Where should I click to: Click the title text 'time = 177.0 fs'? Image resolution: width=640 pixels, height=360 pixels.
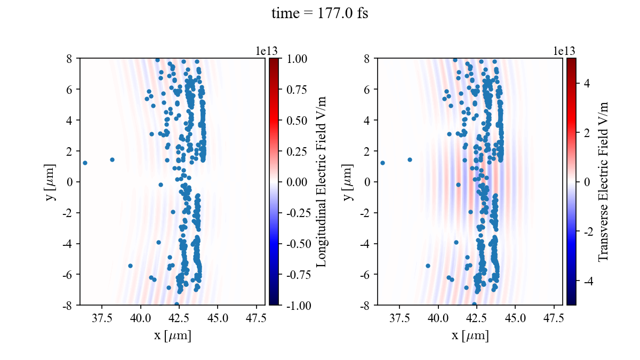(319, 14)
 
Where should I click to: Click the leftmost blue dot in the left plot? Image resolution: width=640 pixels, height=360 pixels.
(85, 163)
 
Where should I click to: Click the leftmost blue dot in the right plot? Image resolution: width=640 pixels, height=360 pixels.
(382, 163)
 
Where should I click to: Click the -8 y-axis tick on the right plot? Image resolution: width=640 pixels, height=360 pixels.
(366, 306)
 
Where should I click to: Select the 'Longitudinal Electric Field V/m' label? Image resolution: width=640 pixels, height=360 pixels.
(322, 182)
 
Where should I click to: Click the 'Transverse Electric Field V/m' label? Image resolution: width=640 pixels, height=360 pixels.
(603, 182)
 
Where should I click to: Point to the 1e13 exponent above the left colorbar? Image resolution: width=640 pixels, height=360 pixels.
(267, 51)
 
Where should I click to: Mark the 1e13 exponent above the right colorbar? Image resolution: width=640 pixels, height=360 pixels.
(564, 51)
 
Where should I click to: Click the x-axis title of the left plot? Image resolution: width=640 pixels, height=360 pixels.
(172, 336)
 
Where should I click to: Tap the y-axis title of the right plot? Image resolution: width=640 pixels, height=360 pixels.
(348, 182)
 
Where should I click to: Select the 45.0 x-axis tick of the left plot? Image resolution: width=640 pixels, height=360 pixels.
(218, 318)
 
